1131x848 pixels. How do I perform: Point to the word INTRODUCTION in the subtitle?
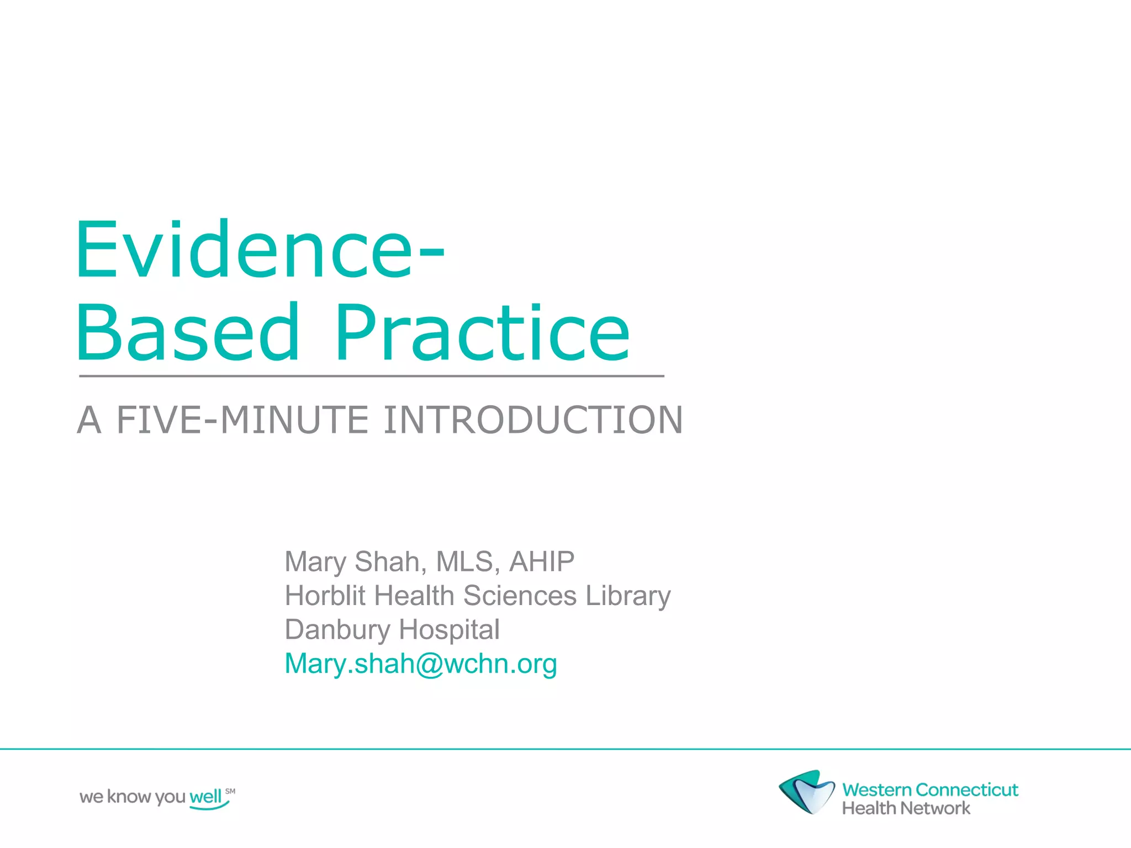[x=533, y=420]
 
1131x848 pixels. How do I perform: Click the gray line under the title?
[x=371, y=376]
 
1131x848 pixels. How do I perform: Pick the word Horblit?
[x=325, y=596]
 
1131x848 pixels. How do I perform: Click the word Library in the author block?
[x=628, y=596]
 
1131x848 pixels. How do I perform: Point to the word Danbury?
[x=337, y=630]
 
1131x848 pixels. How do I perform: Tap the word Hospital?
[x=449, y=630]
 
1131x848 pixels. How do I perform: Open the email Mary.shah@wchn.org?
[x=420, y=664]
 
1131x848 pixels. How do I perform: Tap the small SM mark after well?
[x=230, y=791]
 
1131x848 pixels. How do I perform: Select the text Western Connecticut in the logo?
[x=930, y=789]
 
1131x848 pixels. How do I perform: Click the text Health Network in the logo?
[x=906, y=808]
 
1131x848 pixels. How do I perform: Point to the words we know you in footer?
[x=133, y=797]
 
